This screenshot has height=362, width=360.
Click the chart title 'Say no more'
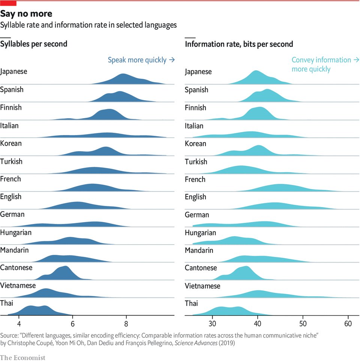pyautogui.click(x=26, y=14)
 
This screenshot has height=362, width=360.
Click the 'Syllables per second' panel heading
pyautogui.click(x=34, y=44)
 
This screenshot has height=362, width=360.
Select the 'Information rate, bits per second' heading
pyautogui.click(x=239, y=44)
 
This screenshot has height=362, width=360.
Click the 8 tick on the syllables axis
pyautogui.click(x=126, y=323)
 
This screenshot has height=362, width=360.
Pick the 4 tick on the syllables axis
pyautogui.click(x=19, y=323)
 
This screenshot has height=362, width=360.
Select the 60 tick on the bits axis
pyautogui.click(x=348, y=323)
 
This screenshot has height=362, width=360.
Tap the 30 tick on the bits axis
pyautogui.click(x=213, y=323)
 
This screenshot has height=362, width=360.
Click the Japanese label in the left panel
pyautogui.click(x=14, y=71)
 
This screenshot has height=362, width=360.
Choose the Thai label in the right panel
pyautogui.click(x=191, y=303)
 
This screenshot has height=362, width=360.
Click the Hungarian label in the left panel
pyautogui.click(x=16, y=232)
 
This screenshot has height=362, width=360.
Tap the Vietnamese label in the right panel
pyautogui.click(x=202, y=286)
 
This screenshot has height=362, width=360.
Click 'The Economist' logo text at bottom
pyautogui.click(x=22, y=357)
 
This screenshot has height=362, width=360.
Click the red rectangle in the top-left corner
pyautogui.click(x=8, y=3)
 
